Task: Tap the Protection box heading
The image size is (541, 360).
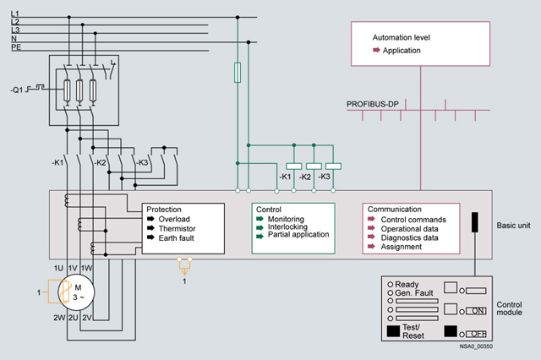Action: coord(164,209)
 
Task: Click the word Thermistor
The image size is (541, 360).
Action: coord(179,229)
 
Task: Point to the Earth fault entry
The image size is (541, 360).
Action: coord(179,239)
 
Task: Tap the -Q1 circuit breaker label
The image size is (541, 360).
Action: coord(19,87)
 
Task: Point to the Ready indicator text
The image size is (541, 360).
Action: coord(407,285)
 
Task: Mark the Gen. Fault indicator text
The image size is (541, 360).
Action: coord(413,294)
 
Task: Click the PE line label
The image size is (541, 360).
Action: coord(16,48)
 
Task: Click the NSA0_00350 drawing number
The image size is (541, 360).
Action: coord(477,346)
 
